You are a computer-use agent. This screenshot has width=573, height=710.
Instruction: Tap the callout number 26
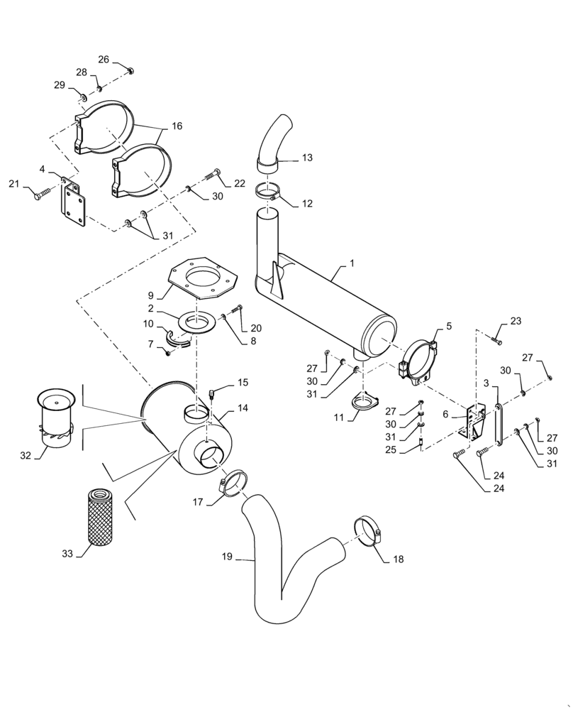(x=104, y=60)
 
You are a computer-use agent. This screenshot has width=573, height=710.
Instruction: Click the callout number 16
(x=176, y=126)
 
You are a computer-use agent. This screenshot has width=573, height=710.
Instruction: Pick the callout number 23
(x=515, y=321)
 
